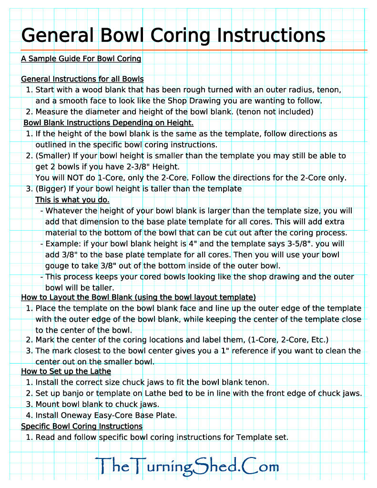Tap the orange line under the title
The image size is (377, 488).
coord(194,50)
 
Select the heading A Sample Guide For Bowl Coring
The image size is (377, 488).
coord(81,59)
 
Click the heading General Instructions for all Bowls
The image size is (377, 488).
coord(82,79)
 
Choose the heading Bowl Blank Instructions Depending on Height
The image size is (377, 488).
coord(109,123)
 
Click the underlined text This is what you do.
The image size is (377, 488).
coord(72,200)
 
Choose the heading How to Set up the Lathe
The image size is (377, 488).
coord(66,371)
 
